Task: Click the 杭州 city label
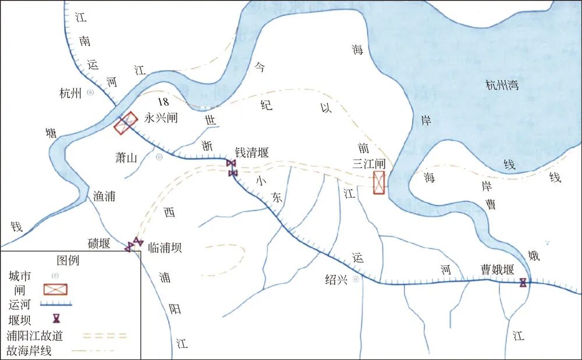click(71, 93)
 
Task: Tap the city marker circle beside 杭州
click(90, 92)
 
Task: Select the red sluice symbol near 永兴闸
click(126, 123)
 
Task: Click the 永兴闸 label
click(161, 118)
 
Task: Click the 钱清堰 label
click(251, 152)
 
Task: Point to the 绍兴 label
click(336, 279)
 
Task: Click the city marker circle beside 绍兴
click(355, 279)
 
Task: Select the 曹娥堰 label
click(497, 269)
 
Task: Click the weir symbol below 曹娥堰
click(523, 283)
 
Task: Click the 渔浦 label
click(104, 197)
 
